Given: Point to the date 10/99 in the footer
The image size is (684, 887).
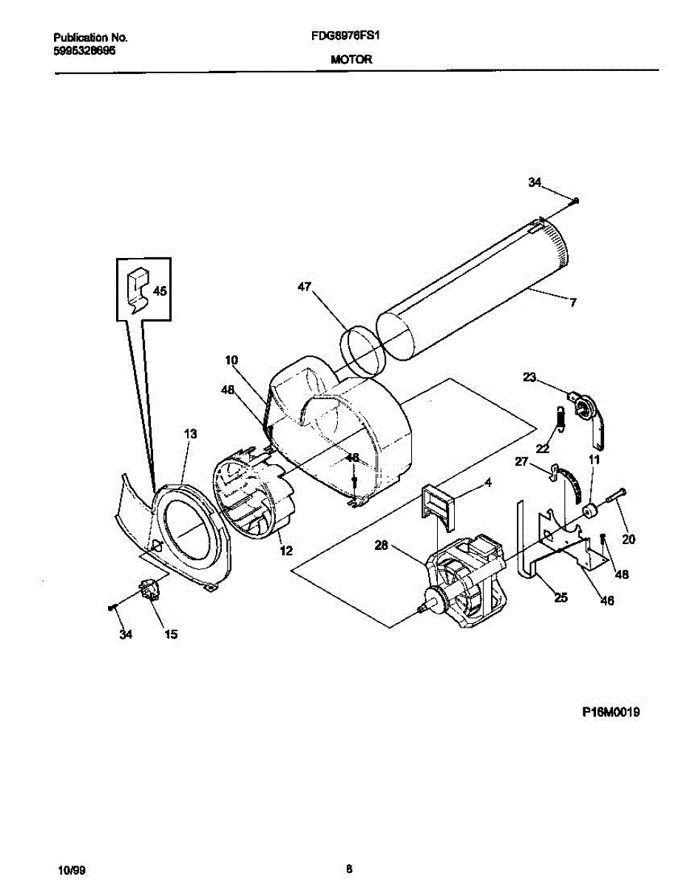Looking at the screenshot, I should point(68,869).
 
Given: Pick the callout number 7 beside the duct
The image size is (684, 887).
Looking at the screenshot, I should point(572,302).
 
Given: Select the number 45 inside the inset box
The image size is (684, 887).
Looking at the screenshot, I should point(160,291).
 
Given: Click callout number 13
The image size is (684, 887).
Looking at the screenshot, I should point(190,435).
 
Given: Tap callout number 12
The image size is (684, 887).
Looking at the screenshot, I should point(285,549).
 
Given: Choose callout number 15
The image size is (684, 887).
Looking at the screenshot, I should point(171,634).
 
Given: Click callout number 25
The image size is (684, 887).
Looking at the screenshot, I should point(561,598).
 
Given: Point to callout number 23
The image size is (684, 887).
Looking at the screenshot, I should point(529,378).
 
